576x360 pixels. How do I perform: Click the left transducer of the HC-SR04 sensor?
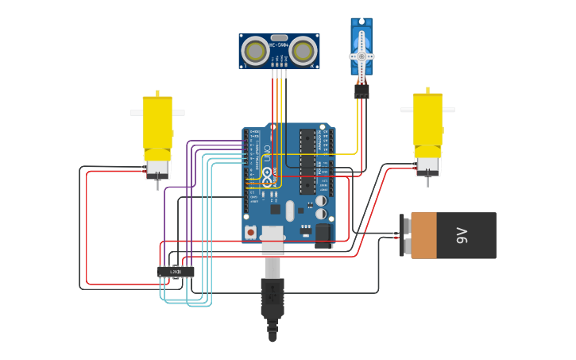pyautogui.click(x=255, y=52)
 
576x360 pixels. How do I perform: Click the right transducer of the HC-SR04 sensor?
pyautogui.click(x=303, y=52)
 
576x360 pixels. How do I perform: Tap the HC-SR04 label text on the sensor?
pyautogui.click(x=279, y=46)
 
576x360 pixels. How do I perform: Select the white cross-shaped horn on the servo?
pyautogui.click(x=361, y=56)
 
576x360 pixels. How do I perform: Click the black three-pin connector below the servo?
pyautogui.click(x=361, y=91)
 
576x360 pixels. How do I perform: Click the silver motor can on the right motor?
pyautogui.click(x=427, y=165)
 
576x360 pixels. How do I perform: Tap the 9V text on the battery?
pyautogui.click(x=462, y=235)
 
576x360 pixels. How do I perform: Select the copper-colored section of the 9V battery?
pyautogui.click(x=423, y=235)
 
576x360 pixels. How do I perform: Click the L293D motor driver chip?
pyautogui.click(x=176, y=272)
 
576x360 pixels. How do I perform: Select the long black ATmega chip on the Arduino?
pyautogui.click(x=307, y=162)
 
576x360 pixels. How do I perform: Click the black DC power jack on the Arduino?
pyautogui.click(x=323, y=234)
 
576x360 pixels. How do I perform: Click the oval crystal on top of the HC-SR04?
pyautogui.click(x=279, y=37)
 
